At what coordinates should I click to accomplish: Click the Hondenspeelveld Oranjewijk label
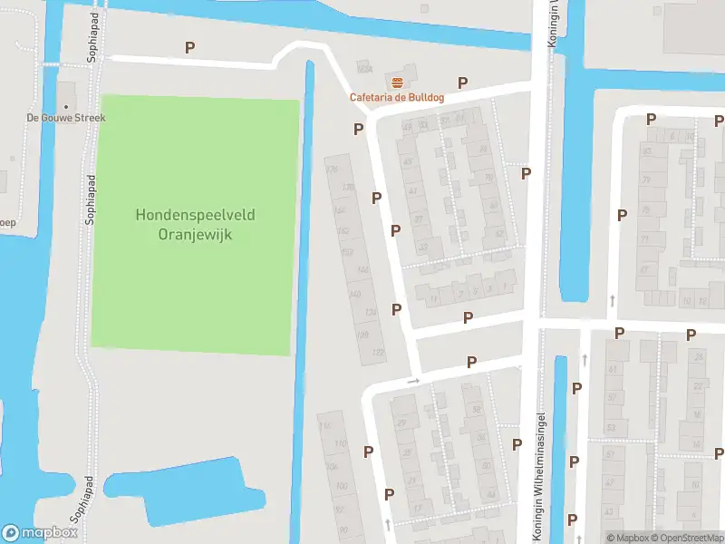tap(195, 224)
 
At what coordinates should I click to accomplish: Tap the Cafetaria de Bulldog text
tap(396, 98)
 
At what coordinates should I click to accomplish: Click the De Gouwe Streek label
tap(66, 118)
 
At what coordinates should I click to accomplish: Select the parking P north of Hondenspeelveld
tap(189, 47)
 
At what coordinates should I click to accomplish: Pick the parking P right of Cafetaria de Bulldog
tap(462, 83)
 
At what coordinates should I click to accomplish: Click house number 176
tap(331, 170)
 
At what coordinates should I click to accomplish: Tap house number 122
tap(377, 353)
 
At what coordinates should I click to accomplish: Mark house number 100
tap(341, 486)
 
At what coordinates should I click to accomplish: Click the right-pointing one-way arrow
tap(412, 381)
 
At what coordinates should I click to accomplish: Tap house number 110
tap(340, 443)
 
